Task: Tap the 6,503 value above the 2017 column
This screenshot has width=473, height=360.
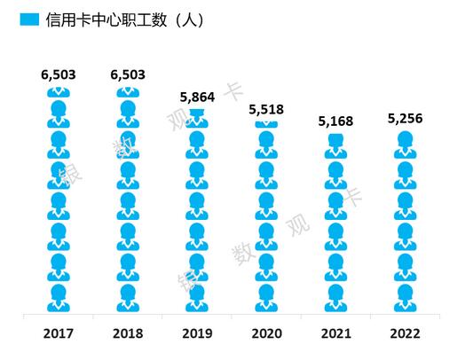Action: [59, 75]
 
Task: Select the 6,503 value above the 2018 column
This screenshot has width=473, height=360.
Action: [128, 75]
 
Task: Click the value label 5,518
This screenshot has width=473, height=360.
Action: [265, 110]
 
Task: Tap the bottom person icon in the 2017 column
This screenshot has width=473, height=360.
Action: [59, 298]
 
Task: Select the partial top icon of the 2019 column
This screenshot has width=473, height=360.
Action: [197, 118]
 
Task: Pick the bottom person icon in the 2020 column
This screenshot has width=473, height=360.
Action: [265, 298]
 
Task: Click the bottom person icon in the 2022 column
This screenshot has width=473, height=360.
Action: [404, 298]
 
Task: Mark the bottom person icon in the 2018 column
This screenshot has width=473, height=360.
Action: [128, 298]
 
